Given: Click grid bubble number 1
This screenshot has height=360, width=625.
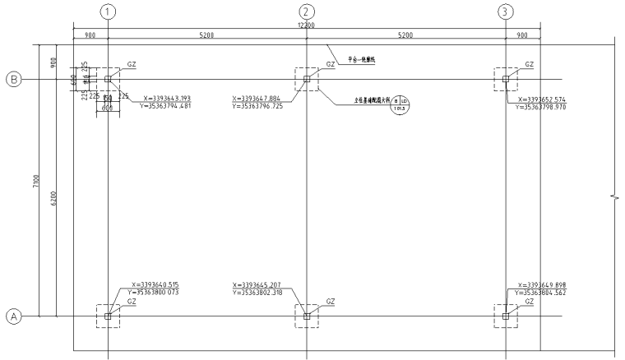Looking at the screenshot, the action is tap(108, 12).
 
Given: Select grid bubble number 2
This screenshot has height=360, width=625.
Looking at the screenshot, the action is tap(307, 12).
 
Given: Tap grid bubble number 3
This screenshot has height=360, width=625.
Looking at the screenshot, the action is tap(506, 12).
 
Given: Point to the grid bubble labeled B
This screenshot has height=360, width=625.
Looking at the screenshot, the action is tap(13, 80).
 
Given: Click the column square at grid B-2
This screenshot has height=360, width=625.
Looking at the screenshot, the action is tap(307, 80).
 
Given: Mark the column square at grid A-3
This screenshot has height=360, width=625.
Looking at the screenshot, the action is tap(506, 316).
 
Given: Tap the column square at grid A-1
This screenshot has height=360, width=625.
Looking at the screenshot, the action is tap(108, 316).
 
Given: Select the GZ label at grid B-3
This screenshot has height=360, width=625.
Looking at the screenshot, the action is tap(529, 64).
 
